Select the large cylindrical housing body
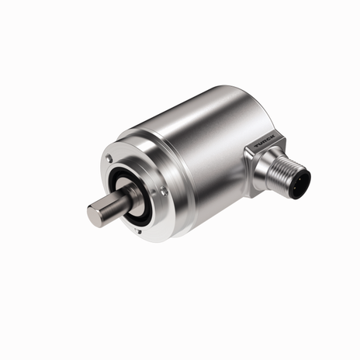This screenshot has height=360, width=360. (202, 140)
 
